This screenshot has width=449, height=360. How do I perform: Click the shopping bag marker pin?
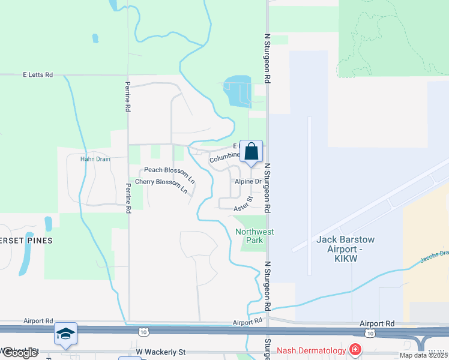pos(251,151)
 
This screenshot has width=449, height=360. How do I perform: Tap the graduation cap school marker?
pos(65,334)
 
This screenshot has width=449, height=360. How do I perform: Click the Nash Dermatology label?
pos(312,350)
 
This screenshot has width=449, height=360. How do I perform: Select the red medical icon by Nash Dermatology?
pos(355,349)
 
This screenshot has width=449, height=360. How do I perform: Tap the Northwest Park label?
pos(255,236)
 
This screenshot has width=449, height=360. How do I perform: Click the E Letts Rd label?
pos(38,75)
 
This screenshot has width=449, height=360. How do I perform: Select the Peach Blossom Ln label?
pos(169,174)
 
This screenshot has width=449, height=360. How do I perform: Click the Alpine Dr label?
pos(249,181)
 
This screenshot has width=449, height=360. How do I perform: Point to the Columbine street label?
pos(224,158)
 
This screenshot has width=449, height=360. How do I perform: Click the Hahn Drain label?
pos(93,159)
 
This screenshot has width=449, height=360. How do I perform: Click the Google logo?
pos(19,353)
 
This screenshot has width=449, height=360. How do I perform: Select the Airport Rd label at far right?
pos(378,323)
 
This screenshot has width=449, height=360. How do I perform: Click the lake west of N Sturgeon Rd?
pos(237,90)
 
